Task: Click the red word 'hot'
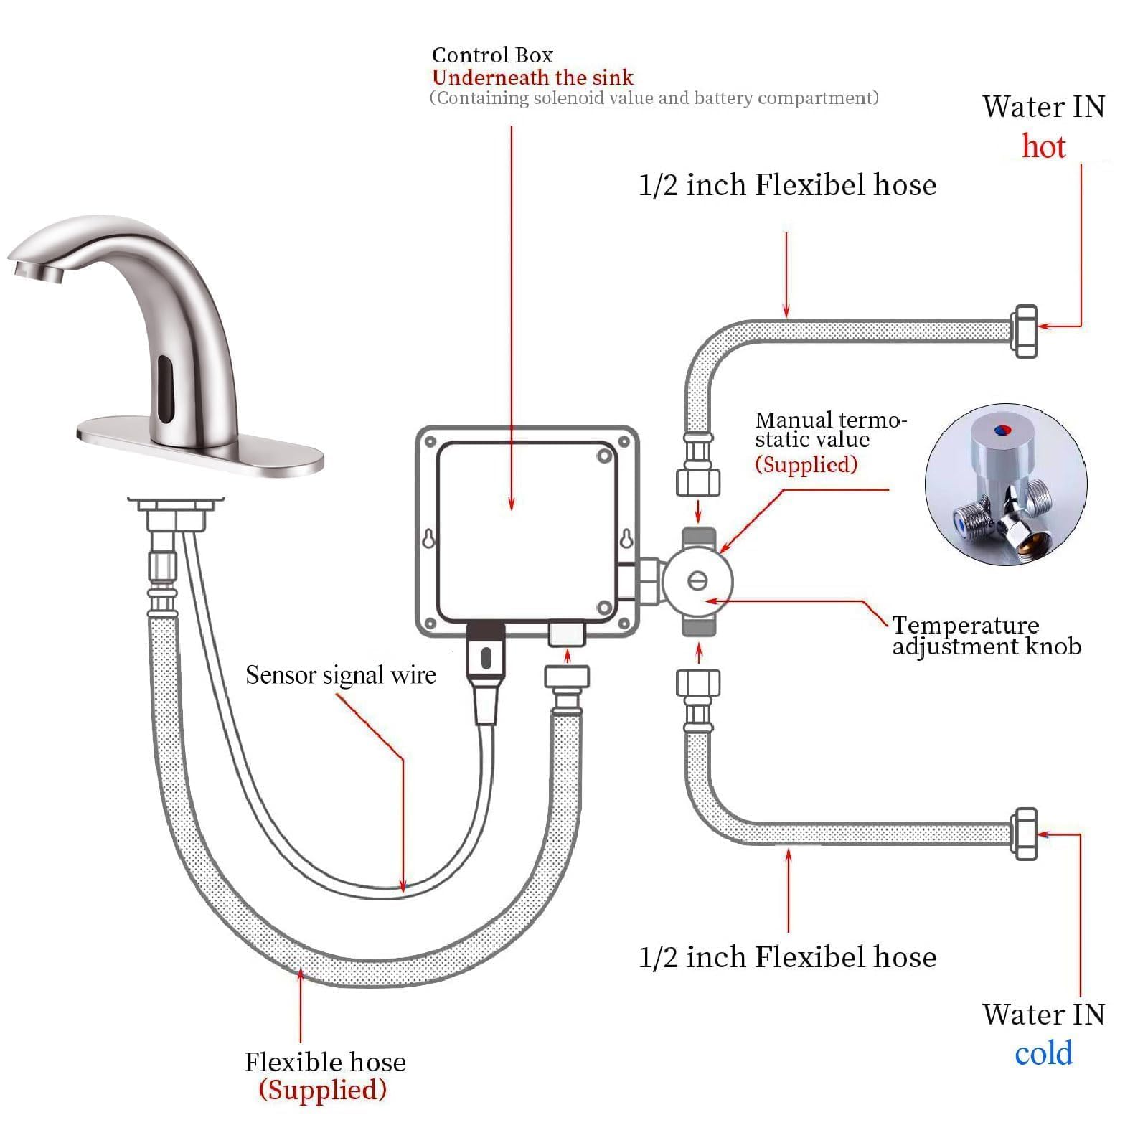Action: click(1043, 146)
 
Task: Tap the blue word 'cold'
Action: click(1043, 1053)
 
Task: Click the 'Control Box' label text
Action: click(492, 55)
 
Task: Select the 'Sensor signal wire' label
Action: click(340, 674)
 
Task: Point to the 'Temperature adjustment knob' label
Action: click(987, 636)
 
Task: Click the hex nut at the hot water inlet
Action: click(1025, 331)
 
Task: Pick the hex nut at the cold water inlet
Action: click(1025, 833)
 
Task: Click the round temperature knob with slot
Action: click(697, 580)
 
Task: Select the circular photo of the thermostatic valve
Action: click(1006, 484)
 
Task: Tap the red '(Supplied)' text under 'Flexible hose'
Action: click(323, 1089)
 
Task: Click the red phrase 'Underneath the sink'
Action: click(532, 77)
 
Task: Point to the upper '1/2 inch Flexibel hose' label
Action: click(787, 185)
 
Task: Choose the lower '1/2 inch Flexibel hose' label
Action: click(787, 957)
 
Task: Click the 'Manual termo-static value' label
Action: click(830, 430)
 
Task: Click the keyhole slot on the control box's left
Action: click(428, 538)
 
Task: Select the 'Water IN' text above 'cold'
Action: click(1043, 1014)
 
